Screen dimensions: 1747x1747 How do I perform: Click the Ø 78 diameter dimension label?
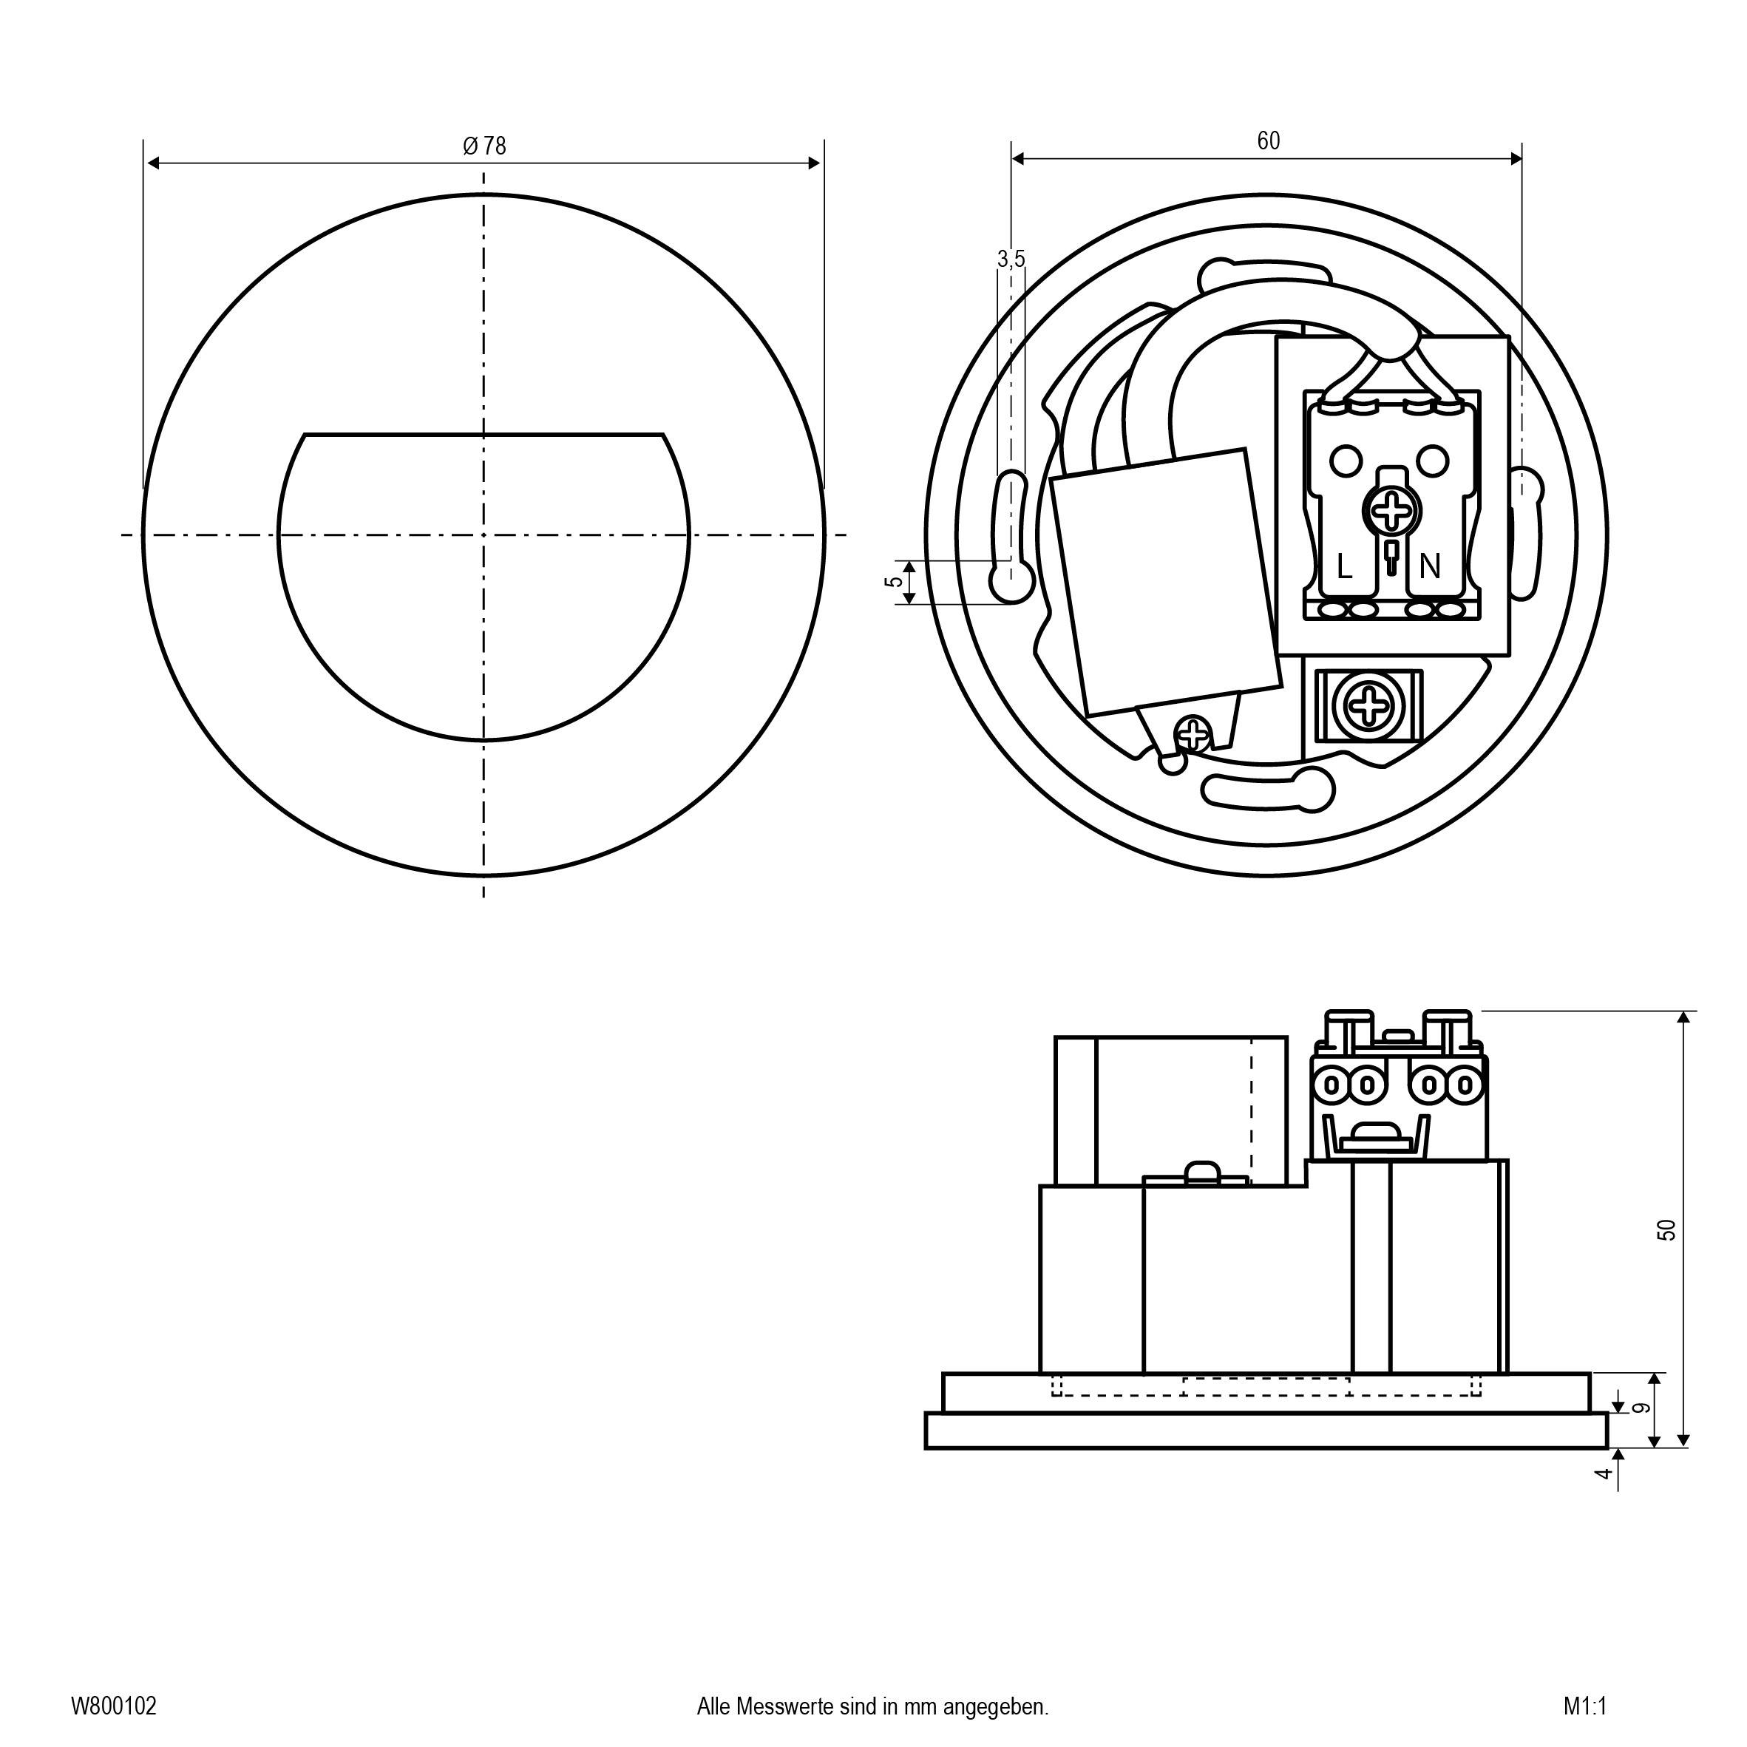coord(485,146)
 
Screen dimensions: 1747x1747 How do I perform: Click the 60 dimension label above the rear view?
coord(1268,141)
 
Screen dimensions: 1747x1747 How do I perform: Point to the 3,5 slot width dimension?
coord(1011,259)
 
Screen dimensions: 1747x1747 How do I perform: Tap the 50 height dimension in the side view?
coord(1666,1229)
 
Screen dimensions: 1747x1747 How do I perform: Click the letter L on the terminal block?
coord(1344,568)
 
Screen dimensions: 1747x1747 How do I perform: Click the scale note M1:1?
coord(1585,1706)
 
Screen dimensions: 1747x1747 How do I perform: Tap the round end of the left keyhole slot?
coord(1011,583)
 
